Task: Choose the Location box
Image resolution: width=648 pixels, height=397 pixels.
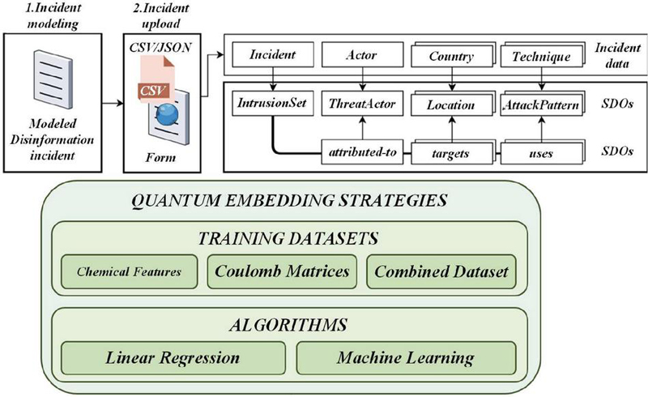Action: (x=450, y=104)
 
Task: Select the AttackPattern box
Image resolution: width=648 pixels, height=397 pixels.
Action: (x=540, y=104)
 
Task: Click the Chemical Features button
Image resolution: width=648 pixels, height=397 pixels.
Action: (x=130, y=271)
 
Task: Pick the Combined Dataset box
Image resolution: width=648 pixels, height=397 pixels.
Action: (x=440, y=271)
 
